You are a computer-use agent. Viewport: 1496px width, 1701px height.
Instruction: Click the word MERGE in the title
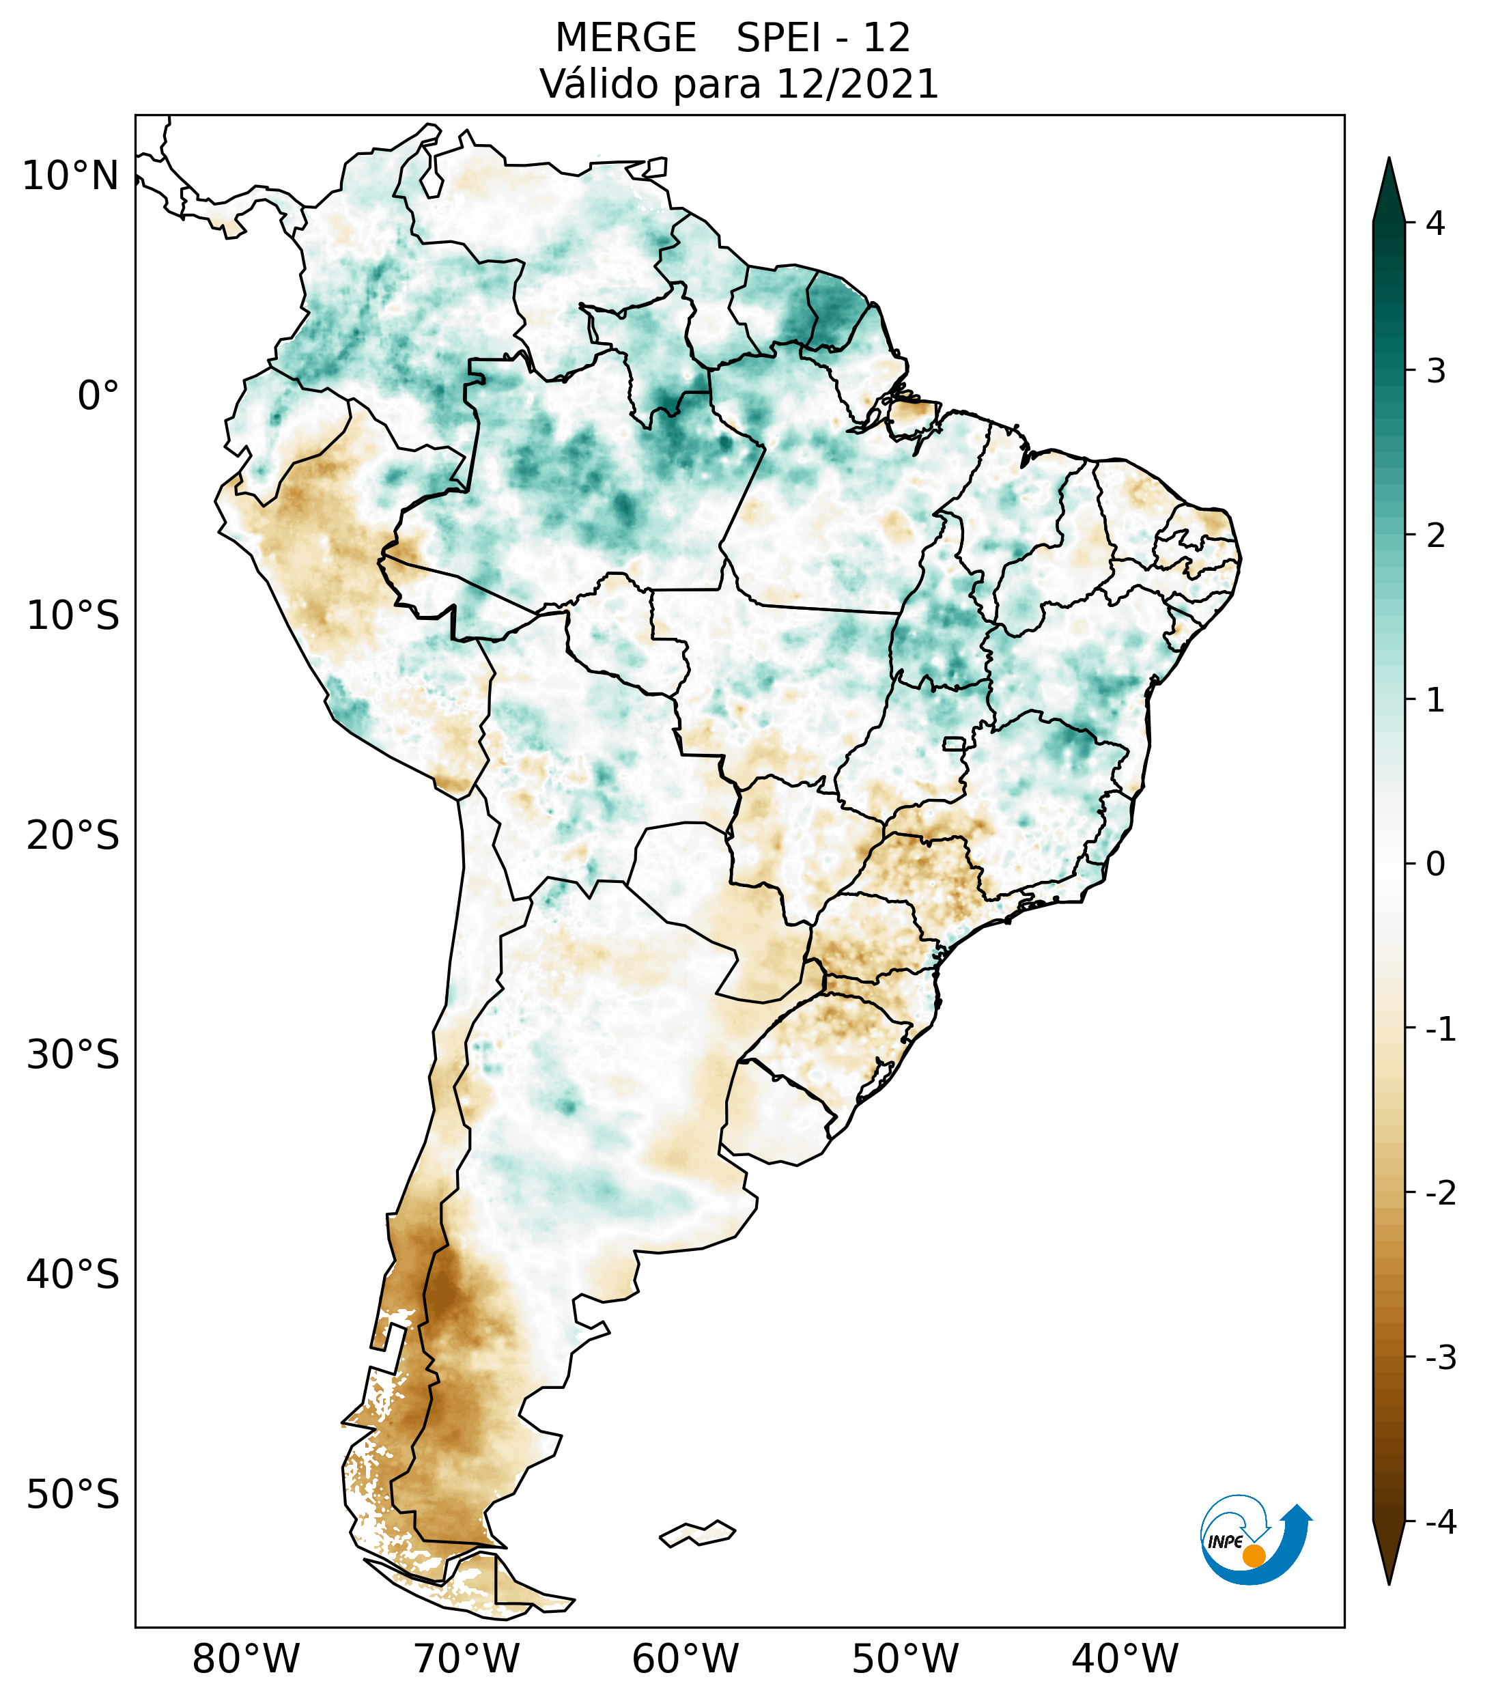coord(625,38)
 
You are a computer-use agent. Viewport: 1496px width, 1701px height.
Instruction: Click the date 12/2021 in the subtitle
coord(857,84)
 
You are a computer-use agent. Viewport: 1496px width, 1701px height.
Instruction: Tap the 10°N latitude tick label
coord(71,176)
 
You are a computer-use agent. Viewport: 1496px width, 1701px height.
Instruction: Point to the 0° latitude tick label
coord(98,396)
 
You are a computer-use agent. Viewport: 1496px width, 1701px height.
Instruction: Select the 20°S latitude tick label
coord(73,836)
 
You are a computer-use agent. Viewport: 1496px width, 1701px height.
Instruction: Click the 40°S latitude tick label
coord(73,1275)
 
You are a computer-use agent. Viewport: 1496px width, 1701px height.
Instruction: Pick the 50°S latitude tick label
coord(73,1495)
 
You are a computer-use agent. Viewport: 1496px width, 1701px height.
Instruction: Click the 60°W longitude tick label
coord(685,1659)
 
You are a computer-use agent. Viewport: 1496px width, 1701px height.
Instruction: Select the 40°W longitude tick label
coord(1125,1659)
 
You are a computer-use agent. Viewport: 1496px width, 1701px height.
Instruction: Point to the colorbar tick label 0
coord(1435,864)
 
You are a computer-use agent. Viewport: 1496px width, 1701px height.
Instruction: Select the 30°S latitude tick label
coord(73,1055)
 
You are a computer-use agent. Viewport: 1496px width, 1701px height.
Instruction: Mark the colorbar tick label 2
coord(1435,536)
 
